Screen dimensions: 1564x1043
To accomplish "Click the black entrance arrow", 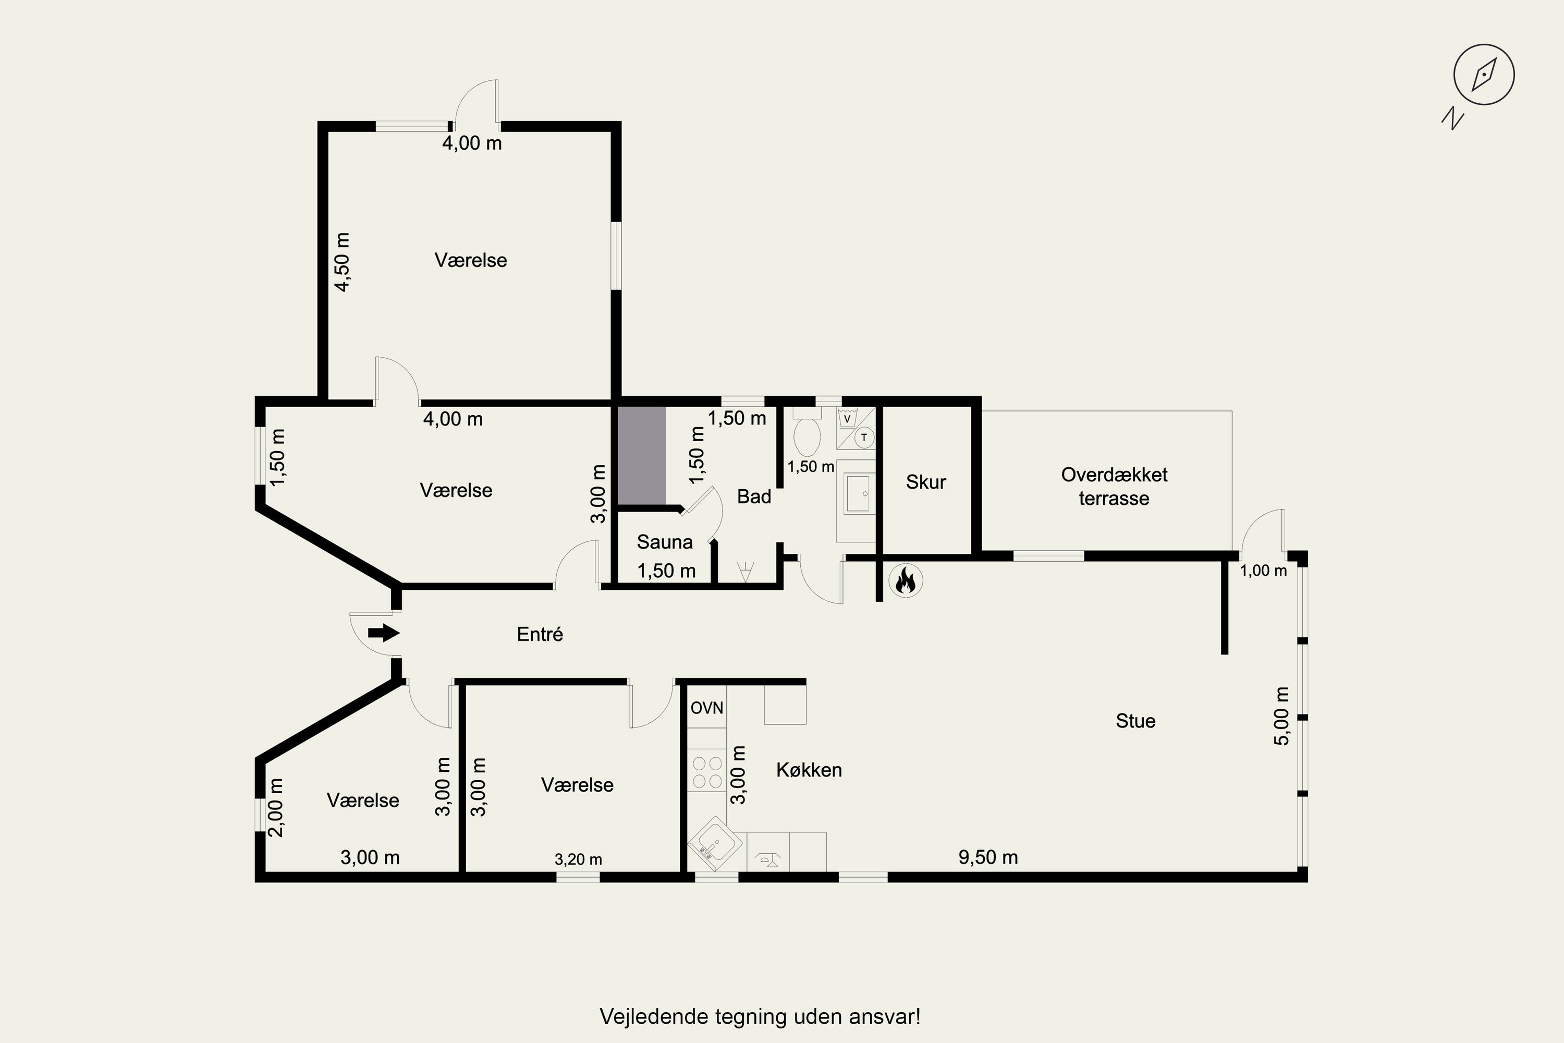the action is click(x=384, y=633).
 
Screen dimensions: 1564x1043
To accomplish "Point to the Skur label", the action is click(x=926, y=482).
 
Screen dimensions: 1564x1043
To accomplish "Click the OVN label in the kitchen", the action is click(x=707, y=708).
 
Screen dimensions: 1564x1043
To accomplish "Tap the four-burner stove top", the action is click(x=707, y=772).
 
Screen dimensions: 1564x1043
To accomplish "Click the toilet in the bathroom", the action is click(x=807, y=432).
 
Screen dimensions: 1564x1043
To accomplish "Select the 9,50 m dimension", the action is click(x=988, y=857).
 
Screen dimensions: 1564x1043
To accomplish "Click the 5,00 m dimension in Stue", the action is click(x=1281, y=715).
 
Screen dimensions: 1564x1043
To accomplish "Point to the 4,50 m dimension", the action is click(x=343, y=262).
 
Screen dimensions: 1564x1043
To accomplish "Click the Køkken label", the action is click(x=809, y=770).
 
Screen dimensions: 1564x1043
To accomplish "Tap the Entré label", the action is click(x=540, y=634).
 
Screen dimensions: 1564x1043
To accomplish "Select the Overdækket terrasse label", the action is click(x=1115, y=486).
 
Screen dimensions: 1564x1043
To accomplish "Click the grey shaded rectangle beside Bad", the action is click(x=642, y=456).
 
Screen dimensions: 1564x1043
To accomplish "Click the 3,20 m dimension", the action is click(x=579, y=859).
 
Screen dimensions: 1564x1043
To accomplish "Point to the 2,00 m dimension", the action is click(x=275, y=807).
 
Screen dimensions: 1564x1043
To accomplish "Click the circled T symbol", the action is click(x=864, y=438).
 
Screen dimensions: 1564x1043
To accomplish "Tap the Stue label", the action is click(x=1136, y=721).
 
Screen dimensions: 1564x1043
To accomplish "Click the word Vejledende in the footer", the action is click(x=654, y=1017).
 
